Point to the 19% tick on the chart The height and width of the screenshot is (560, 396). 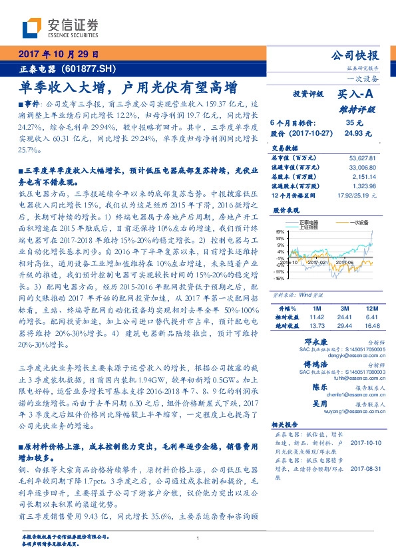[281, 230]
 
